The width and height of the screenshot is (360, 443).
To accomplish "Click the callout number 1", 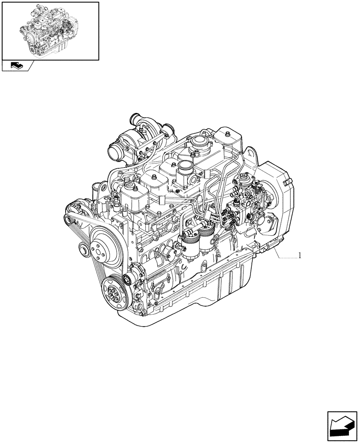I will (300, 256).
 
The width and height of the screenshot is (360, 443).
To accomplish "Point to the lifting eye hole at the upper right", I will (253, 157).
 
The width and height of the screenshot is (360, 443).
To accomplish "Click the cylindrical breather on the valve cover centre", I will (184, 171).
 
